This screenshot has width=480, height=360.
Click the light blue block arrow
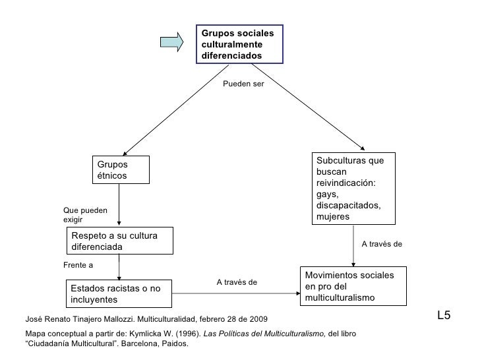pyautogui.click(x=171, y=42)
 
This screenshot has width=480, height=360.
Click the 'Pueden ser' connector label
pyautogui.click(x=243, y=84)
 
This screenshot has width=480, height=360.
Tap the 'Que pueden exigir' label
pyautogui.click(x=85, y=215)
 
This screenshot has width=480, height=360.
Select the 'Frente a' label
pyautogui.click(x=78, y=265)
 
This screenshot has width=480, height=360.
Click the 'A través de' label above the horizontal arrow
pyautogui.click(x=237, y=282)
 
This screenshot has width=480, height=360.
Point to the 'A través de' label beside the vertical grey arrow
pyautogui.click(x=382, y=244)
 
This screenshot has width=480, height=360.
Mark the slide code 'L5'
pyautogui.click(x=444, y=315)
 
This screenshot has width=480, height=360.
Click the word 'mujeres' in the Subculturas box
pyautogui.click(x=333, y=217)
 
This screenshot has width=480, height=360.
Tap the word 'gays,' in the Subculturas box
pyautogui.click(x=327, y=195)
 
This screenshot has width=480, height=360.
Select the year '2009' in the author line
pyautogui.click(x=258, y=319)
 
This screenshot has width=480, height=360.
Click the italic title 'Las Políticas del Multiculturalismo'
pyautogui.click(x=264, y=334)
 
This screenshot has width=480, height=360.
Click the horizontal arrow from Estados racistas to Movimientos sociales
pyautogui.click(x=236, y=293)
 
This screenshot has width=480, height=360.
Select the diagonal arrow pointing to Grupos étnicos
pyautogui.click(x=175, y=110)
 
